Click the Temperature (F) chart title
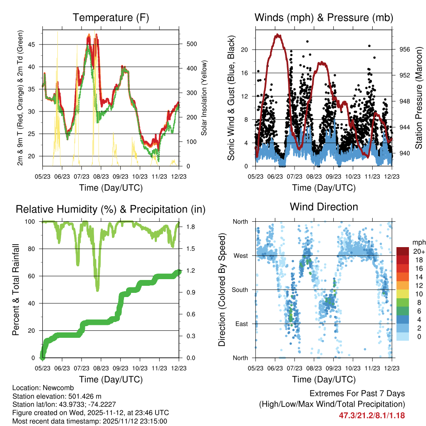(x=111, y=17)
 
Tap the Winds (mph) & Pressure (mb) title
(x=324, y=17)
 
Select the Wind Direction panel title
(x=324, y=207)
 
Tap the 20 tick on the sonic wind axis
(x=245, y=50)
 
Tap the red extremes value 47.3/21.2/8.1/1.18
(x=372, y=415)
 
